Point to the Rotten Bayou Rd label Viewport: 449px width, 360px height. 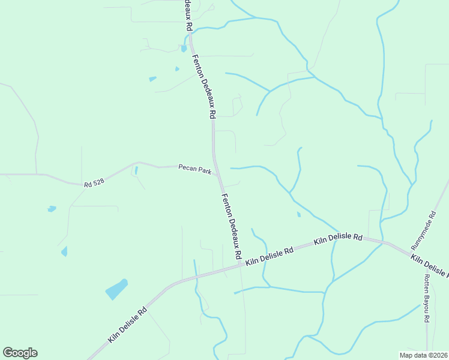click(x=427, y=298)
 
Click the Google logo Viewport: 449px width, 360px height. click(x=20, y=353)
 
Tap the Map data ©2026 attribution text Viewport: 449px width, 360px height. click(x=423, y=355)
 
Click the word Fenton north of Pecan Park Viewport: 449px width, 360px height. click(x=198, y=65)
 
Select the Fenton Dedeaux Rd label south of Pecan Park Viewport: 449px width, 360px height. click(x=232, y=227)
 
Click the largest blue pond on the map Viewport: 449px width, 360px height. click(x=116, y=289)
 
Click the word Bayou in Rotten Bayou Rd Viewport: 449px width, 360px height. click(x=427, y=299)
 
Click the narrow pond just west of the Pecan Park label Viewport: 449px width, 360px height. click(x=136, y=170)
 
